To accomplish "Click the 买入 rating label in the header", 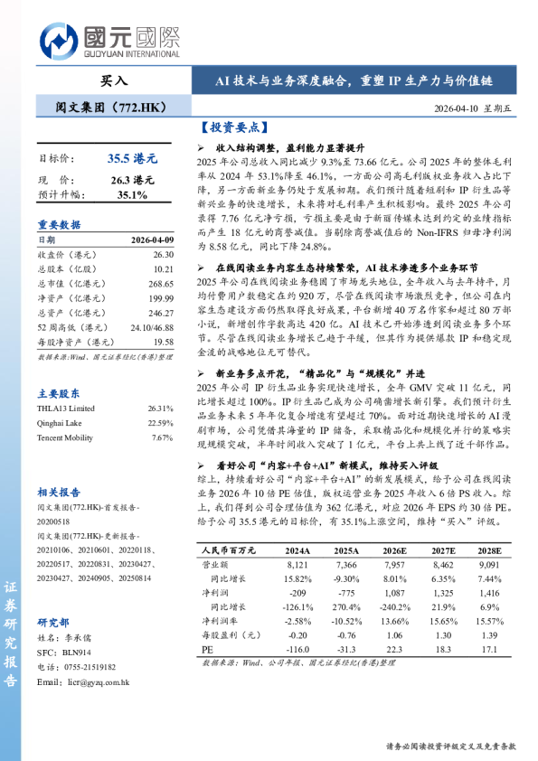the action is pyautogui.click(x=114, y=80).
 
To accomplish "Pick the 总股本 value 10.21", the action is pyautogui.click(x=163, y=268).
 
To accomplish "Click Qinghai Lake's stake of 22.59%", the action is pyautogui.click(x=160, y=422).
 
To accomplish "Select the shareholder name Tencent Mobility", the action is pyautogui.click(x=66, y=437).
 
